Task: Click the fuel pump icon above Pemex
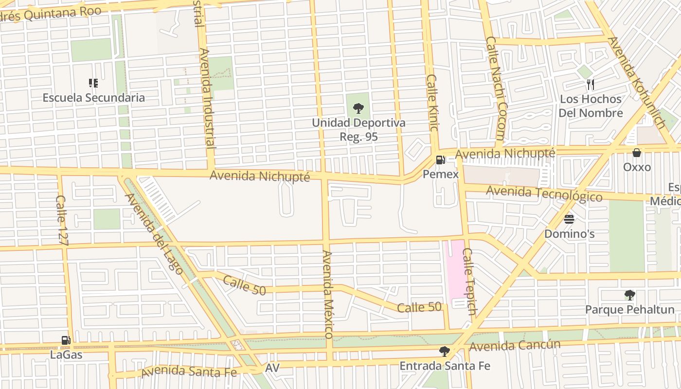tap(440, 159)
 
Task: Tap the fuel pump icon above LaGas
tap(66, 340)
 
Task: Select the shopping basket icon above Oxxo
tap(637, 153)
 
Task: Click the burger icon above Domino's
tap(569, 219)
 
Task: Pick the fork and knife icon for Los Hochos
tap(591, 85)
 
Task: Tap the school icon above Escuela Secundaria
tap(93, 83)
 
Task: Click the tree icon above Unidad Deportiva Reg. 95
tap(358, 108)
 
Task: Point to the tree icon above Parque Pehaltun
tap(629, 295)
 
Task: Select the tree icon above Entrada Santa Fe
tap(444, 351)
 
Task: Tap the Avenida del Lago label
tap(154, 234)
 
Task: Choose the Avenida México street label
tap(327, 294)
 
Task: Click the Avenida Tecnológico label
tap(544, 193)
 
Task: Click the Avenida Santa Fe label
tap(189, 372)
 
